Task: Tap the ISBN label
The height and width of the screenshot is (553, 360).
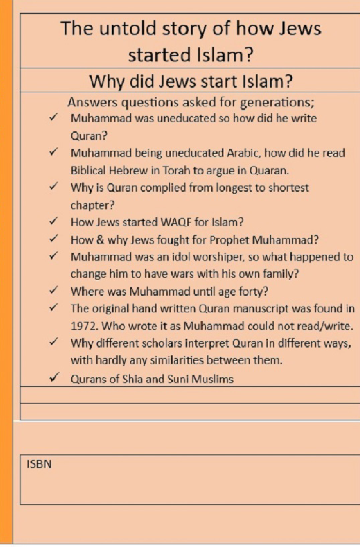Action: pyautogui.click(x=39, y=464)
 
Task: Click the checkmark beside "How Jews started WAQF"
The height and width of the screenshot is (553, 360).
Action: pyautogui.click(x=55, y=222)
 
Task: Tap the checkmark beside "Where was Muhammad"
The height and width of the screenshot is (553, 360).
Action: pyautogui.click(x=55, y=291)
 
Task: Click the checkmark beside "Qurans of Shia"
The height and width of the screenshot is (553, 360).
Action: pyautogui.click(x=55, y=378)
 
